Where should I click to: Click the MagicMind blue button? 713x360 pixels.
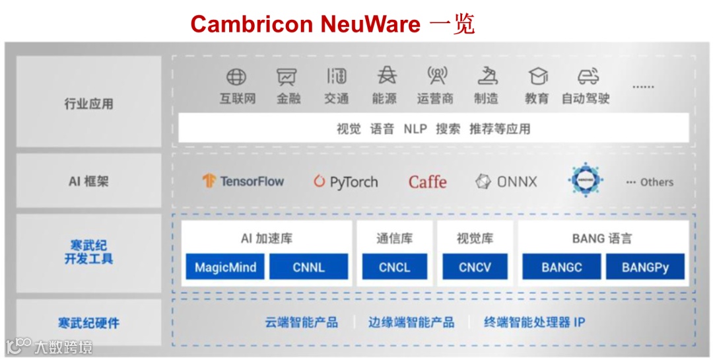[225, 268]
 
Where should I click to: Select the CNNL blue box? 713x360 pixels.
[308, 268]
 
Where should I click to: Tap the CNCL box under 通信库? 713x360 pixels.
[394, 268]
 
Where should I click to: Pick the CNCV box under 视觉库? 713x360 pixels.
[475, 268]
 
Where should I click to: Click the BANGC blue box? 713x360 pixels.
[561, 268]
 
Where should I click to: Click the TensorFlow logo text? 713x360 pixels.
[243, 182]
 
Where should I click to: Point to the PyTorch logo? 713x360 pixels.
[346, 182]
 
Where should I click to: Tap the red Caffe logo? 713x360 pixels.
[427, 182]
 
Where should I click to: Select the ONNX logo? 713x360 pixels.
[507, 182]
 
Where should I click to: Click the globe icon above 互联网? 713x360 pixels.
[236, 77]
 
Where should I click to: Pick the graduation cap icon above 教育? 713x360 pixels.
[537, 77]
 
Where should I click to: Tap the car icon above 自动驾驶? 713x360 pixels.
[587, 77]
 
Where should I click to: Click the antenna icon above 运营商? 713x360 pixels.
[436, 77]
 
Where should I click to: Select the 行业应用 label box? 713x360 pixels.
[89, 102]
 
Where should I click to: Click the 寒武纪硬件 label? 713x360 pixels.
[88, 323]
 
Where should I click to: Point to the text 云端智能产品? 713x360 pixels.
[301, 322]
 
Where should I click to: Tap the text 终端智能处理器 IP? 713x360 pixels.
[534, 322]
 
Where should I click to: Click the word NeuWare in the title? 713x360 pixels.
[370, 24]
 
